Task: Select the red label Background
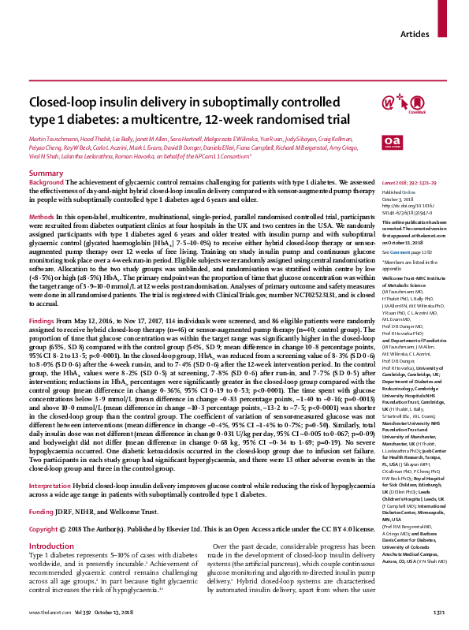pos(47,181)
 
